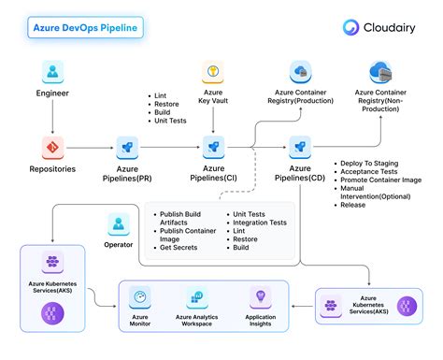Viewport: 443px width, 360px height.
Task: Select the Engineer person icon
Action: (x=52, y=73)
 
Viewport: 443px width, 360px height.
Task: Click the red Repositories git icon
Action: (x=52, y=146)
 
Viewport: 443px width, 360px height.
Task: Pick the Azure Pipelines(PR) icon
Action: (x=128, y=146)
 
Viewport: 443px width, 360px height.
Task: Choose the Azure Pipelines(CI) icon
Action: (x=214, y=146)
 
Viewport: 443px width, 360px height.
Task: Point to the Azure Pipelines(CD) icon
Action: (x=299, y=146)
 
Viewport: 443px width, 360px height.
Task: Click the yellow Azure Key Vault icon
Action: (x=214, y=72)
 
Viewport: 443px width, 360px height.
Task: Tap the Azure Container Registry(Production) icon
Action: (x=300, y=72)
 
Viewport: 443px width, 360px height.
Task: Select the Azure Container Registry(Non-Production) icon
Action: (x=379, y=72)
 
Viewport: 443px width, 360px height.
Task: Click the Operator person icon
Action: (x=119, y=223)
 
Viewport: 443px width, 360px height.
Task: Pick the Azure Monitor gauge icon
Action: (x=141, y=297)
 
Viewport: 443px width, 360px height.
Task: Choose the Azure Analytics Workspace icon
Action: (x=196, y=297)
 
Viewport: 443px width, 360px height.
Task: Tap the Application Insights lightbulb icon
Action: (x=260, y=297)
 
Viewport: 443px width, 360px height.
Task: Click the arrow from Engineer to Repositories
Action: (x=52, y=116)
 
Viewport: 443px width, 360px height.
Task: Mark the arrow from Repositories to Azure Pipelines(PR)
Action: (x=91, y=147)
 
